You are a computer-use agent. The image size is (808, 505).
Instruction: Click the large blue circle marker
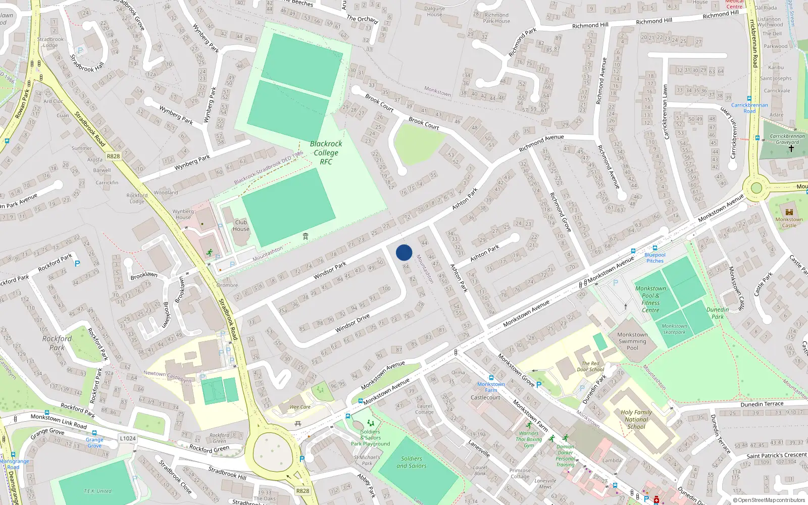pos(404,252)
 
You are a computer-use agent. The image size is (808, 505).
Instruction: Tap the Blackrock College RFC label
pos(326,153)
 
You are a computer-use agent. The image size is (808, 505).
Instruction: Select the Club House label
pos(241,225)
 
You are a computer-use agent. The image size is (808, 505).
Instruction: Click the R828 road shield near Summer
pos(113,157)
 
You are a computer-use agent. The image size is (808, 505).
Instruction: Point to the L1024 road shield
pos(128,438)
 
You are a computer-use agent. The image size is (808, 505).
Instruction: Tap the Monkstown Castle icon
pos(789,212)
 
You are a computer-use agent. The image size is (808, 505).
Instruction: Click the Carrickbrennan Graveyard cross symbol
pos(791,148)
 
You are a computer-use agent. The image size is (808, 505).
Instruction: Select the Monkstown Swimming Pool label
pos(632,341)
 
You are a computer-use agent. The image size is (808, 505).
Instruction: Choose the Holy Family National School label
pos(636,419)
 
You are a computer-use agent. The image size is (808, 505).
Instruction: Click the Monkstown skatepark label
pos(674,329)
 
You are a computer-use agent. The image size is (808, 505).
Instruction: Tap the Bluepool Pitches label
pos(655,258)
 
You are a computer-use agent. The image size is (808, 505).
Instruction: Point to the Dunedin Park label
pos(718,313)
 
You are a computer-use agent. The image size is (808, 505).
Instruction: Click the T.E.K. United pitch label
pos(97,491)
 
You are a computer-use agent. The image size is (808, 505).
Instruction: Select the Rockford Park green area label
pos(57,343)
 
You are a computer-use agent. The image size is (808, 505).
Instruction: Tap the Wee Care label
pos(300,407)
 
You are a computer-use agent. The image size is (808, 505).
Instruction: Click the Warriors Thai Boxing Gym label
pos(529,439)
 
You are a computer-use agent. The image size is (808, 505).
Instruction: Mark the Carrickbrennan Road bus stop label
pos(749,108)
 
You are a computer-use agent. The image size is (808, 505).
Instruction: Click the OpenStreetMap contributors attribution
pos(769,500)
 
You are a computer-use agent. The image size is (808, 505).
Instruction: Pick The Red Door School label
pos(590,366)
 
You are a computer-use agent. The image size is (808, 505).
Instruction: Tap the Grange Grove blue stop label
pos(94,442)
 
